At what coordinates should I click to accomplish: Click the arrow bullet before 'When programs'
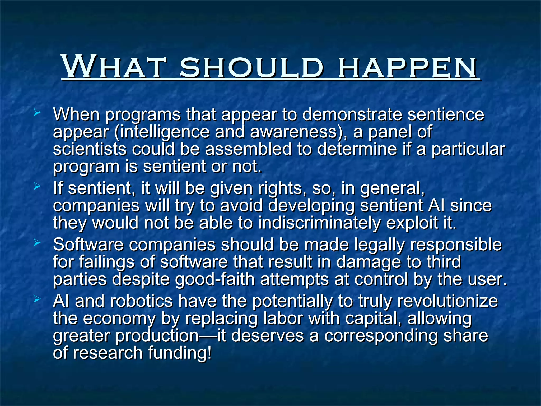(x=37, y=113)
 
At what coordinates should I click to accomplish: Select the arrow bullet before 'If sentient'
(x=37, y=187)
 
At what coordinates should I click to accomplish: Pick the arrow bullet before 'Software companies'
(x=37, y=242)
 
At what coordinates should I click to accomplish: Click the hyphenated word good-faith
(x=215, y=279)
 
